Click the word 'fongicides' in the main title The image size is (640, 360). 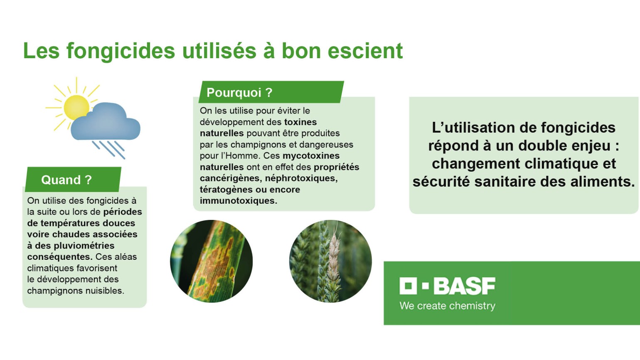[x=121, y=51]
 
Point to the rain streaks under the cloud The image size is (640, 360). [x=109, y=149]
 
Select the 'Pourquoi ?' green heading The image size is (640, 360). [x=239, y=92]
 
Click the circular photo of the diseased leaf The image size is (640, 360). [x=211, y=261]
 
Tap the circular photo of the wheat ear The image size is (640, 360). [x=330, y=261]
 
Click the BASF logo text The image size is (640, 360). [x=464, y=286]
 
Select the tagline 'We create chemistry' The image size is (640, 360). [x=447, y=306]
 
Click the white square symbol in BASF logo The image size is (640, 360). [x=408, y=286]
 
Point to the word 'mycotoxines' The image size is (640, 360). [x=311, y=156]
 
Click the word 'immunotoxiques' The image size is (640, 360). [x=237, y=201]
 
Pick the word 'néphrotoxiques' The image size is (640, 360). [x=301, y=178]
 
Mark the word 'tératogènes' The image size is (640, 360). [x=226, y=190]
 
